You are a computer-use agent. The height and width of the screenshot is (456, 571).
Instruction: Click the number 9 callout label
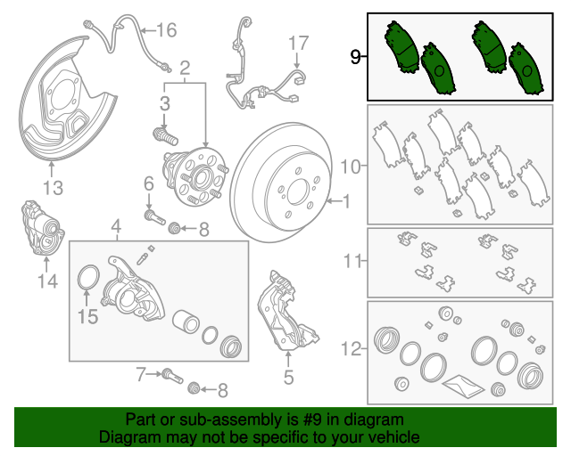(355, 59)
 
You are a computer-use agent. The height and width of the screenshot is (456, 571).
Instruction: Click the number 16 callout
(167, 30)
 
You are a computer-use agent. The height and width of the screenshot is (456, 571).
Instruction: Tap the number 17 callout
(298, 42)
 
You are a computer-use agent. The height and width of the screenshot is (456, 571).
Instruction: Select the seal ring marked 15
(87, 279)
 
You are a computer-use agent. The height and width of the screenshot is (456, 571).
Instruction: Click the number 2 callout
(186, 68)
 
